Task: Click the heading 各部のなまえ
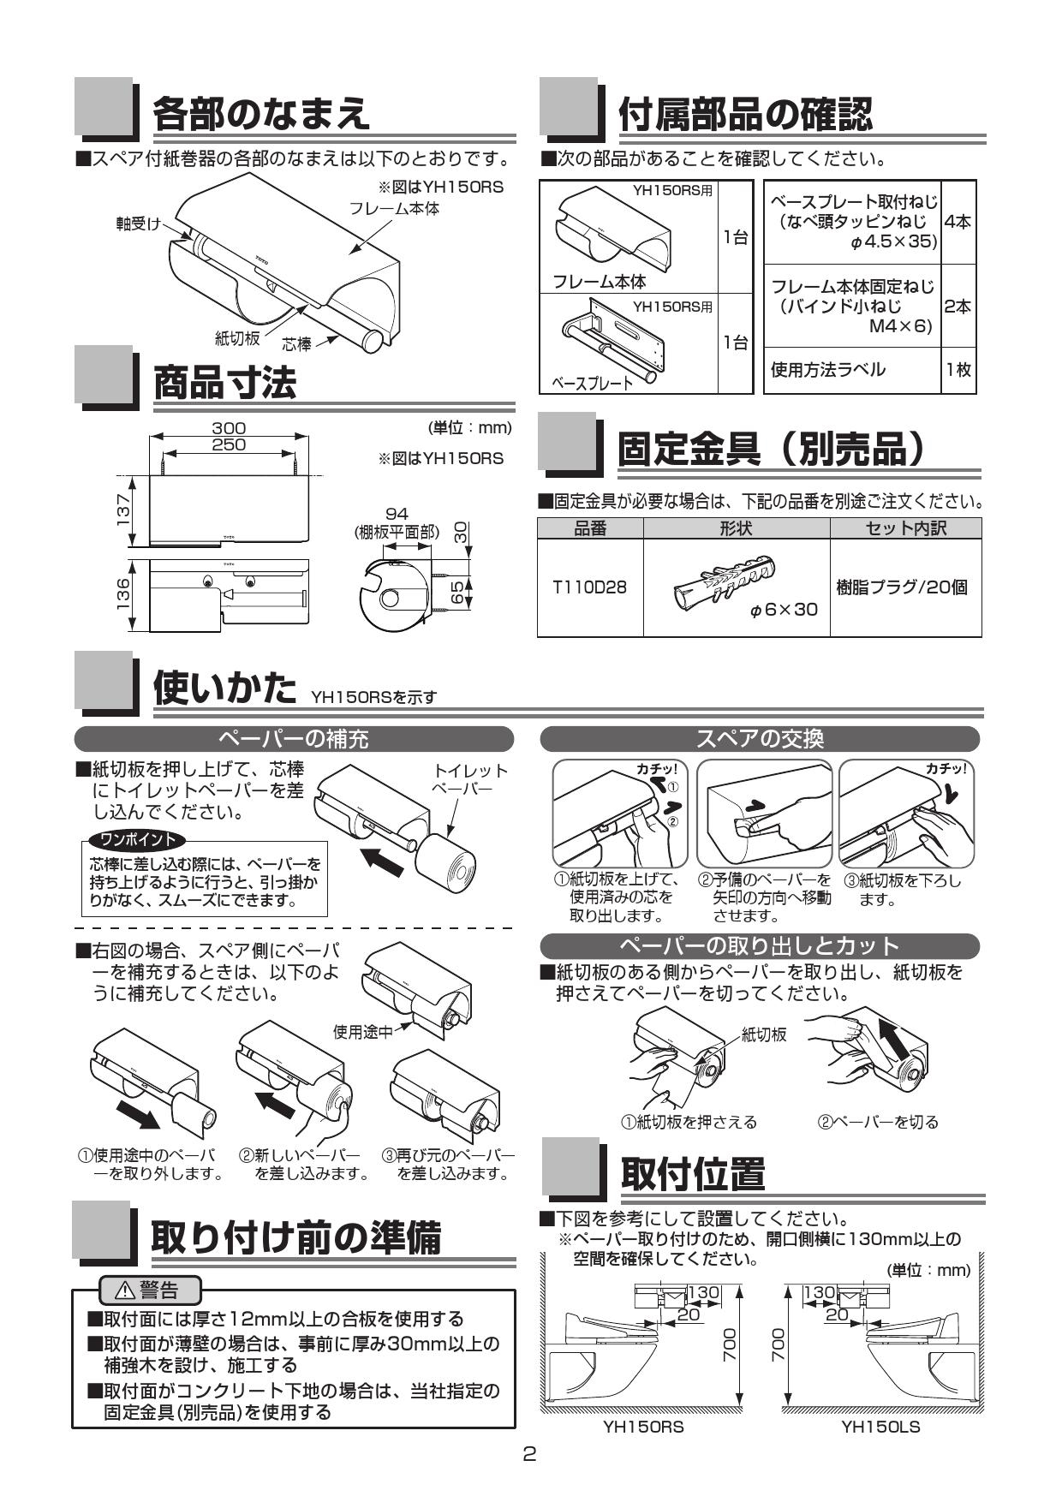(261, 113)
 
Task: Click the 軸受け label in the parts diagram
(139, 224)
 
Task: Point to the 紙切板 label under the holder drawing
(237, 338)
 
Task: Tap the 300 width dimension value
(229, 428)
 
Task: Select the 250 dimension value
(229, 444)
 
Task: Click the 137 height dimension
(125, 510)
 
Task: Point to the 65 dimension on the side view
(457, 592)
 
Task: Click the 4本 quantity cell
(958, 222)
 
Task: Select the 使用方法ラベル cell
(828, 370)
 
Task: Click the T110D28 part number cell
(589, 587)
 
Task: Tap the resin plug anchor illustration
(725, 581)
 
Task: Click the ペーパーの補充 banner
(294, 738)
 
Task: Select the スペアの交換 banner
(760, 738)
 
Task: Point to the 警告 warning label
(151, 1289)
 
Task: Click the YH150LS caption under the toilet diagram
(880, 1427)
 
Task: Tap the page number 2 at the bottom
(530, 1454)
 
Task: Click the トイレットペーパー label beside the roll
(470, 778)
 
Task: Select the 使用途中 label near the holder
(362, 1032)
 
